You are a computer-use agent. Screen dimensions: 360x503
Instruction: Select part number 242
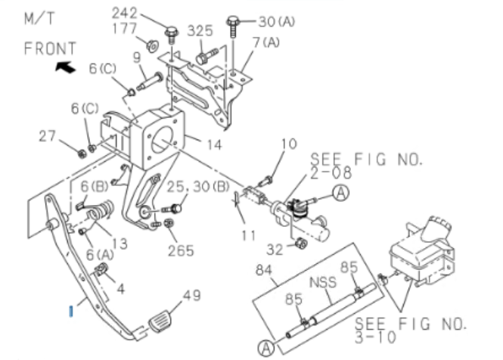pos(126,13)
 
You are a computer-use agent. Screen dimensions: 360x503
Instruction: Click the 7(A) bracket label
pos(266,42)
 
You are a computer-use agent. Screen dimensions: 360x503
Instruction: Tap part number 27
pos(48,136)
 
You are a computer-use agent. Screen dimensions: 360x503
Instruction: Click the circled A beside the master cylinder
pos(340,194)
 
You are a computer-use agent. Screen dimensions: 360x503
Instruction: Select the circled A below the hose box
pos(266,348)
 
